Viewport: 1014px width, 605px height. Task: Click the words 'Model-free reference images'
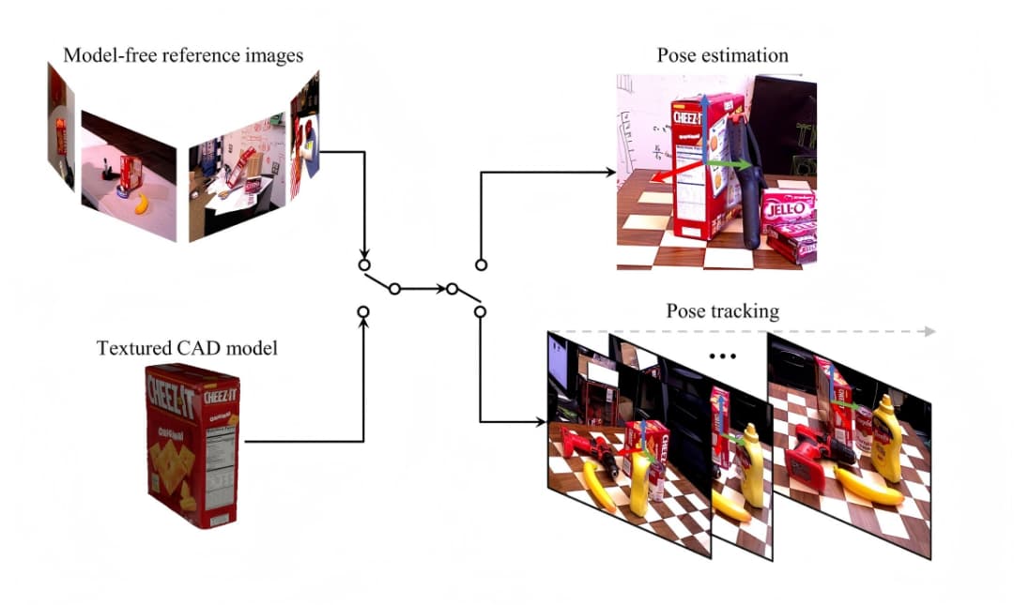pyautogui.click(x=183, y=55)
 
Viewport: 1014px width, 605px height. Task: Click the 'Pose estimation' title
pyautogui.click(x=722, y=55)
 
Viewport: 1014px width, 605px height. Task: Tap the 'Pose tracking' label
pyautogui.click(x=722, y=310)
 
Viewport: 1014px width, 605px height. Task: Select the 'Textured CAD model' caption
pyautogui.click(x=188, y=349)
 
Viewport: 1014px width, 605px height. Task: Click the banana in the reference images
pyautogui.click(x=141, y=204)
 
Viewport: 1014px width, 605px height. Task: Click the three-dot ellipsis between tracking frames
pyautogui.click(x=724, y=356)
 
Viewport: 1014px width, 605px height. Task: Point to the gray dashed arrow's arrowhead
pyautogui.click(x=929, y=331)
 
